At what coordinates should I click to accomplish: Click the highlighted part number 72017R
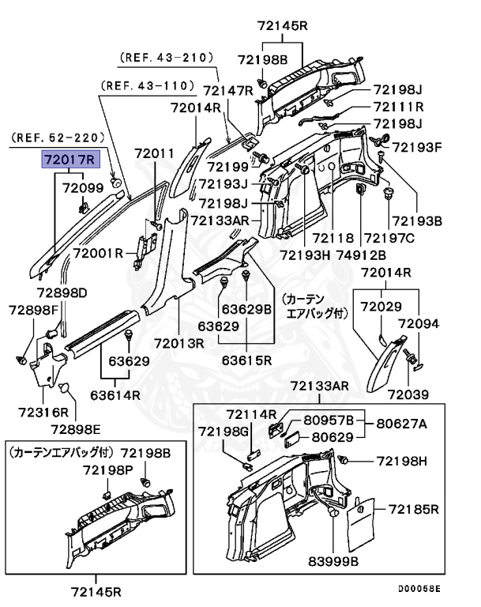(70, 160)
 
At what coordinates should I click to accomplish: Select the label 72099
(83, 188)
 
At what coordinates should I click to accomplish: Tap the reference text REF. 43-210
(167, 58)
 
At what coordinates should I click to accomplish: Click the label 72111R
(399, 107)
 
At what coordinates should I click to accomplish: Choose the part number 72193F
(417, 146)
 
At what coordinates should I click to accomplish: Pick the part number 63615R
(246, 360)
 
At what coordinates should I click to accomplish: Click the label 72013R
(179, 343)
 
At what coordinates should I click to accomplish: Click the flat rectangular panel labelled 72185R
(363, 520)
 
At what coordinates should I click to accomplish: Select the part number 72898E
(76, 429)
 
